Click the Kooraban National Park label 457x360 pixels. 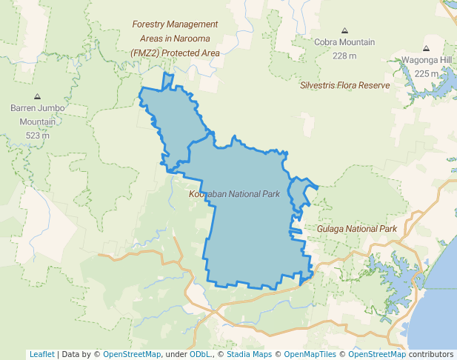(x=234, y=194)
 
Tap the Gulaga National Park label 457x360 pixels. (x=357, y=229)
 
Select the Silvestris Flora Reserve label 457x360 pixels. (x=344, y=85)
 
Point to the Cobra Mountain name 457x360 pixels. (x=344, y=43)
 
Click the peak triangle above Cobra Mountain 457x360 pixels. (x=344, y=30)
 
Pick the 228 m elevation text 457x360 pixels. (x=344, y=56)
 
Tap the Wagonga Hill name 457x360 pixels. (x=427, y=61)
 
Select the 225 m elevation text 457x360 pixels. (x=427, y=73)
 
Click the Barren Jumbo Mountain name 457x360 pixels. (x=38, y=115)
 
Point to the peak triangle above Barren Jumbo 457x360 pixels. (x=38, y=96)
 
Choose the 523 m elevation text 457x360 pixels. (x=38, y=135)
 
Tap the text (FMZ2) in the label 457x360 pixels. (x=145, y=53)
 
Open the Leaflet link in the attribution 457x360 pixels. (x=41, y=354)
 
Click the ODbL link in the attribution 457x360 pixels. (x=200, y=354)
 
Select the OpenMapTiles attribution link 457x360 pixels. (x=310, y=354)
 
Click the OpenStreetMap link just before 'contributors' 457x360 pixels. (x=377, y=354)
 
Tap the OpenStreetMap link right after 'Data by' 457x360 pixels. (x=132, y=354)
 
